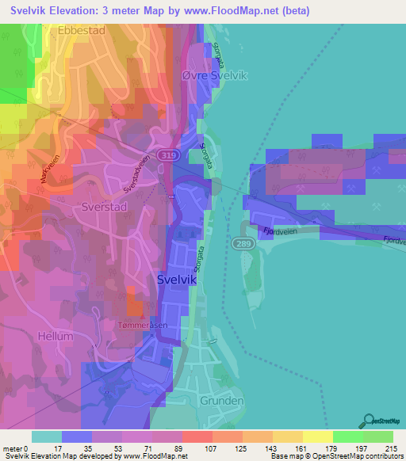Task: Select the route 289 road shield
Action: [x=242, y=243]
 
